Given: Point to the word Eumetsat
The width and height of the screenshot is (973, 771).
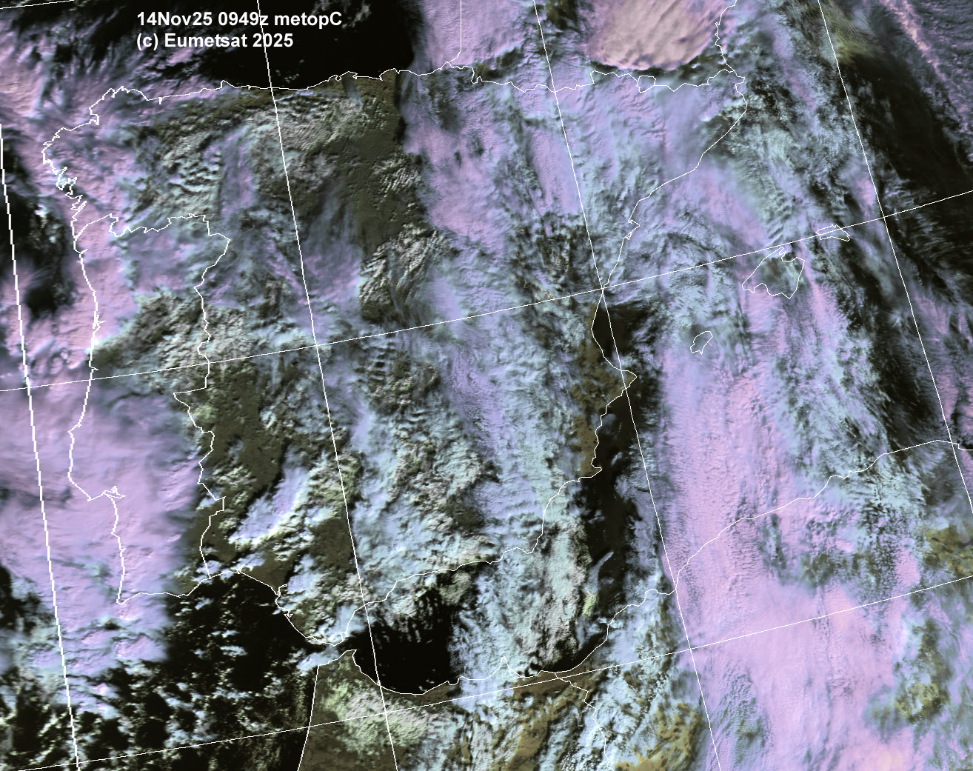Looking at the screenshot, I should [208, 41].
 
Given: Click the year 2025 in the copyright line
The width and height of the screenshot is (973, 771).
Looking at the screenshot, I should [272, 41].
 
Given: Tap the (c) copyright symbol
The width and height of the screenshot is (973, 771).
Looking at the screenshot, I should [147, 41].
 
